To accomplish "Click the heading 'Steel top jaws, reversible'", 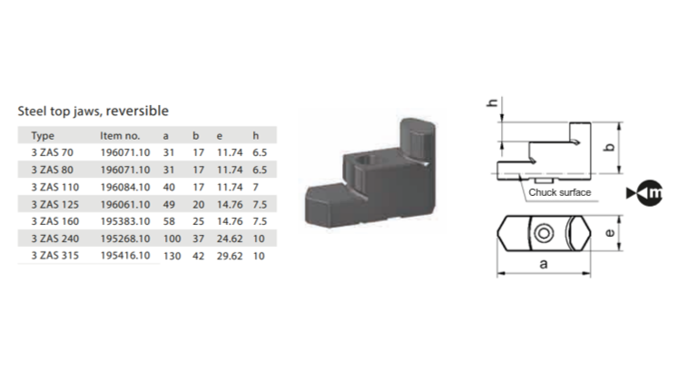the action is (93, 111).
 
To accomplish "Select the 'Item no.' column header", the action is (120, 136).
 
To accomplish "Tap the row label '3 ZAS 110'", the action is (55, 187).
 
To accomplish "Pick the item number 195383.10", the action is (125, 221).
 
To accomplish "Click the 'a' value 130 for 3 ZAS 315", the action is (172, 256).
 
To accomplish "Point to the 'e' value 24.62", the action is (230, 239).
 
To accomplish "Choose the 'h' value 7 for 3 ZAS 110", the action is (256, 187).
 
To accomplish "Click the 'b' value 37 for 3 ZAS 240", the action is (198, 239).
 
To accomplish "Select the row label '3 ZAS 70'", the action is (53, 152).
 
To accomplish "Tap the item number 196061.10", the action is (125, 204).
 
